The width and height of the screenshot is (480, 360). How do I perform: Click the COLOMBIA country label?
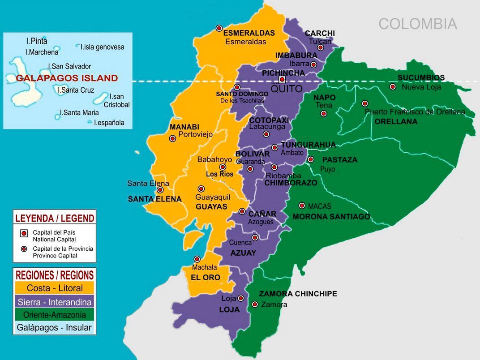417,24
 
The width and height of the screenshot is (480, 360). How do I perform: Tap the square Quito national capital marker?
282,80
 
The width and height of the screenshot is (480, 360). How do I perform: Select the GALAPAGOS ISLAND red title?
67,78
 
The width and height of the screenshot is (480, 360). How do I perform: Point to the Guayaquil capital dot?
201,189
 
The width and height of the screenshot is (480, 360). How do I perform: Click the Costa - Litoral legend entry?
54,287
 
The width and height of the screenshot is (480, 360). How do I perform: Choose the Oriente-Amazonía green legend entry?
54,314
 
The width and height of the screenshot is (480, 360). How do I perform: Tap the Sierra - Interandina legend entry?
54,301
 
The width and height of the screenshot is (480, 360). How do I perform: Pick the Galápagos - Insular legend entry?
54,327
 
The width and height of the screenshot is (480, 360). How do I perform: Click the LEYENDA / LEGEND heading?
54,218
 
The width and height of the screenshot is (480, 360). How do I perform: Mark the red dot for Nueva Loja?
393,87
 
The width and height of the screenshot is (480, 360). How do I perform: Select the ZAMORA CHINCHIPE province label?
298,294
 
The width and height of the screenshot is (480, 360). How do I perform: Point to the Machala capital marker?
197,259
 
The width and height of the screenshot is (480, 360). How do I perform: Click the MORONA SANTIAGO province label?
331,217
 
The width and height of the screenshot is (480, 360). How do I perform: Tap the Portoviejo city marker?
172,139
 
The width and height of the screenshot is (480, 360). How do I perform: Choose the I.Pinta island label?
37,41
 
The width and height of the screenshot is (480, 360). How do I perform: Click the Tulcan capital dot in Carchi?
321,48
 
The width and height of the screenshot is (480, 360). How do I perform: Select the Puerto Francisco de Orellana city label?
415,112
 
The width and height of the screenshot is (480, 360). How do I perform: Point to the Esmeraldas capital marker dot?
219,28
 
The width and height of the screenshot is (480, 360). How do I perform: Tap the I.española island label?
109,122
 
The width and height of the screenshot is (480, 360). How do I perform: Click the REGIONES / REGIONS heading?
54,275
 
